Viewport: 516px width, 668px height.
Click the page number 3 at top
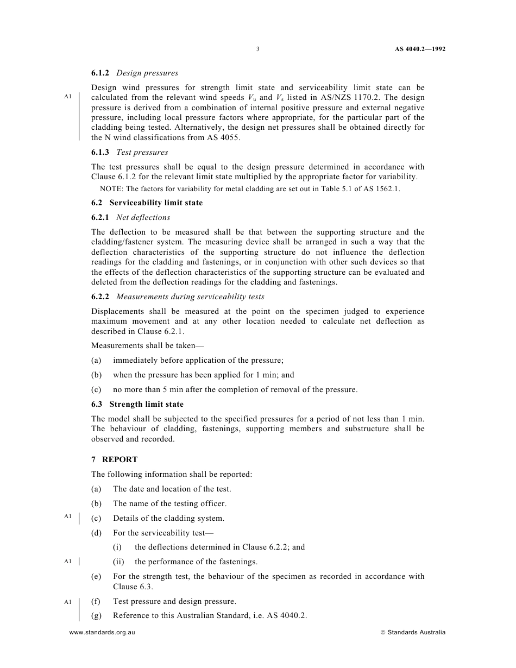[x=257, y=49]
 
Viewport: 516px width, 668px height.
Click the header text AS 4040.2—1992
[x=420, y=49]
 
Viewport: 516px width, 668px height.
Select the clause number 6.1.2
[x=100, y=73]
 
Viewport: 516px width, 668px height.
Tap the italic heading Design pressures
[x=147, y=73]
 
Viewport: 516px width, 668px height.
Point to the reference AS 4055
[x=224, y=137]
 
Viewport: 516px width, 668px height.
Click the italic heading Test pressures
[x=142, y=152]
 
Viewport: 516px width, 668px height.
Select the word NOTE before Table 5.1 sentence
[x=111, y=189]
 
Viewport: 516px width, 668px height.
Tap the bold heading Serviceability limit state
[x=156, y=203]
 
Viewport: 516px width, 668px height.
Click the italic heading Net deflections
[x=143, y=217]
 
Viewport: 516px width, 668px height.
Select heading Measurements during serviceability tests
[x=190, y=297]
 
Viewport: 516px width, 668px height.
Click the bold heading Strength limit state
[x=147, y=404]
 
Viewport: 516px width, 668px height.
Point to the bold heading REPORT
[x=120, y=459]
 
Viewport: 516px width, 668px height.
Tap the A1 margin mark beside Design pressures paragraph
[x=67, y=97]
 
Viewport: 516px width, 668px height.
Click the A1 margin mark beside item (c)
[x=67, y=516]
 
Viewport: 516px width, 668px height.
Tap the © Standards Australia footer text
[x=413, y=632]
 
